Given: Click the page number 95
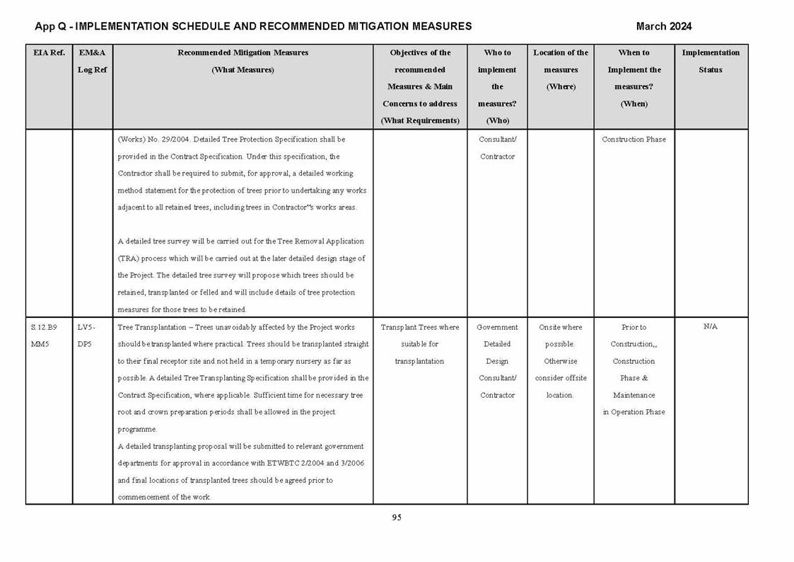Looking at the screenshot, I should tap(397, 517).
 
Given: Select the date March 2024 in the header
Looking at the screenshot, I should tap(663, 27).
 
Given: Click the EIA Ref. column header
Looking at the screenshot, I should tap(49, 52).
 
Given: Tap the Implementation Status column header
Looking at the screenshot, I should tap(711, 61).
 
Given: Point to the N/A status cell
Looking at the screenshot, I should tap(711, 327).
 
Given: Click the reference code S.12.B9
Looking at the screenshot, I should tap(44, 328).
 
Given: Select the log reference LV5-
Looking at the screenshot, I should tap(86, 328).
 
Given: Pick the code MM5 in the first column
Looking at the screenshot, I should tap(40, 345).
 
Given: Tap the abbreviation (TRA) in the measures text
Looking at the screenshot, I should tap(127, 258).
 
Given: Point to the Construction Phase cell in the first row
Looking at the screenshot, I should tap(634, 139).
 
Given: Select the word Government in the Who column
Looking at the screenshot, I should tap(497, 328).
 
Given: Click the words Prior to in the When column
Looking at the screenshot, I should tap(634, 328).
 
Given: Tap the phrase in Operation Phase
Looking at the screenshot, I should tap(634, 412).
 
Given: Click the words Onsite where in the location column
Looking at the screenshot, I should tap(561, 328).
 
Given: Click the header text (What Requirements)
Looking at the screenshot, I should tap(420, 120).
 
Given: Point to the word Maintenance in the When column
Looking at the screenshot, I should tap(634, 395).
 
